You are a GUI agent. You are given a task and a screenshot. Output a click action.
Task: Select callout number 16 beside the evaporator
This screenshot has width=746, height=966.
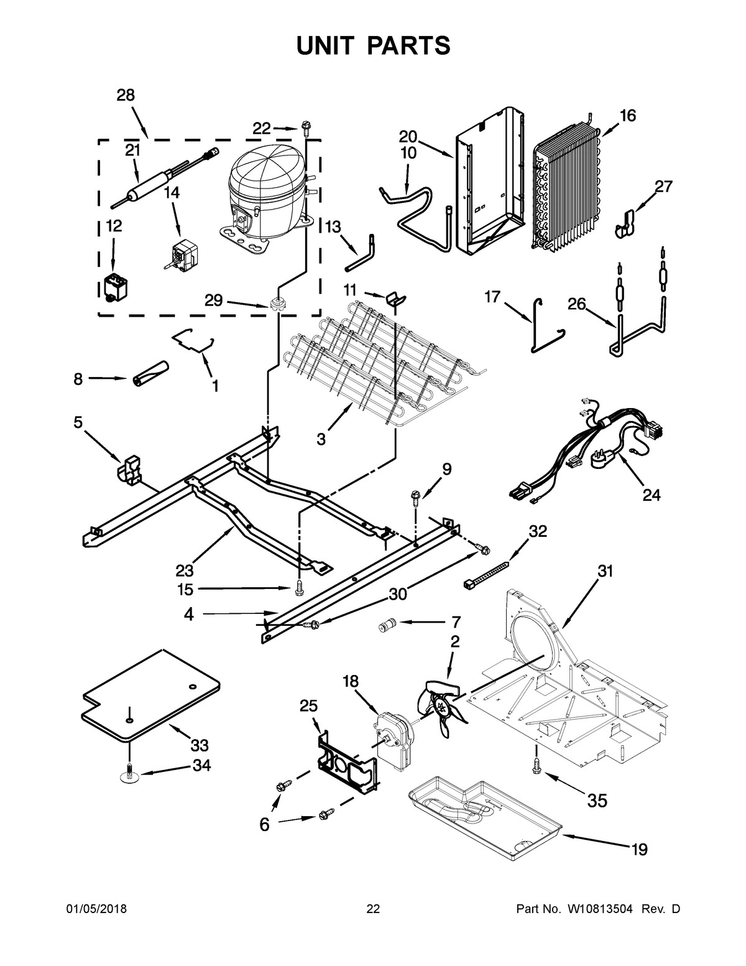pyautogui.click(x=627, y=116)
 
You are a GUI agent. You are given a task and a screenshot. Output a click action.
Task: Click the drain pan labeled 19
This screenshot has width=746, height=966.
pyautogui.click(x=485, y=809)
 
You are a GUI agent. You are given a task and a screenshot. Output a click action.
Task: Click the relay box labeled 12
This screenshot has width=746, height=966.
pyautogui.click(x=114, y=287)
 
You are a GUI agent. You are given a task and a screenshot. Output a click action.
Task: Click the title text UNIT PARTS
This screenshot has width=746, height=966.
pyautogui.click(x=372, y=45)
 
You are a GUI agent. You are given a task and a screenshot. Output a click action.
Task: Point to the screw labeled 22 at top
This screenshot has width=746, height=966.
pyautogui.click(x=306, y=128)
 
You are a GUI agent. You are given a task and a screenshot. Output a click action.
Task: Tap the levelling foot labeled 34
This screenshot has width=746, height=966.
pyautogui.click(x=129, y=773)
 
